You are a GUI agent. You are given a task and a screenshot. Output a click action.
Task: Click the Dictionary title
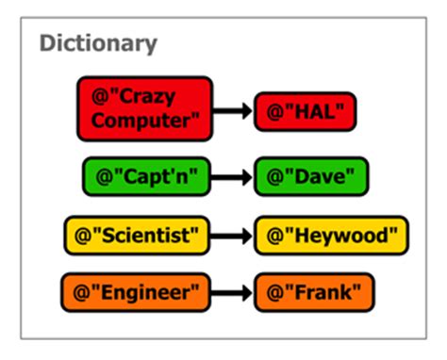(x=98, y=43)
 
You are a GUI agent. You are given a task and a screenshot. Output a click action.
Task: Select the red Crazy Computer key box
(x=145, y=108)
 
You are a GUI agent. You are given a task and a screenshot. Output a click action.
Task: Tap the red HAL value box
(x=307, y=112)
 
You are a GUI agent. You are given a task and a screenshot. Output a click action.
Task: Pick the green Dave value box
(x=311, y=177)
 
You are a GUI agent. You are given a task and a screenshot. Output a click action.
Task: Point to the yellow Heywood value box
(x=332, y=235)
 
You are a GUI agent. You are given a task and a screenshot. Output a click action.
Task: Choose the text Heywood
(x=338, y=235)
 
